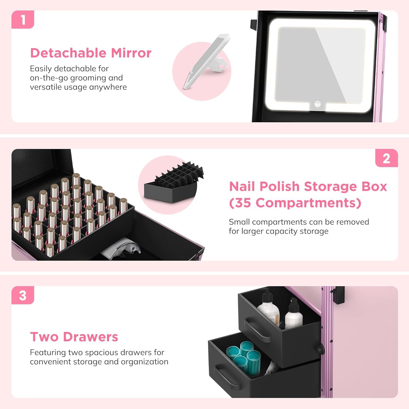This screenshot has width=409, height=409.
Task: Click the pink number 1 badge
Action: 23,19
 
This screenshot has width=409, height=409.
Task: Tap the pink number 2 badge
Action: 386,158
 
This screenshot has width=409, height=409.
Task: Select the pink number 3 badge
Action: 23,295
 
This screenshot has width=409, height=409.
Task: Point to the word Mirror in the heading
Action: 131,53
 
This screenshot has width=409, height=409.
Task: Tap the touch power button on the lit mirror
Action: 317,104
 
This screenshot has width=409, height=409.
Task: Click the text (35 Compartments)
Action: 295,203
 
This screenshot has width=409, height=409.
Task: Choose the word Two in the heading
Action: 44,337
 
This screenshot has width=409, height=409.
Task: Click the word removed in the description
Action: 353,222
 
